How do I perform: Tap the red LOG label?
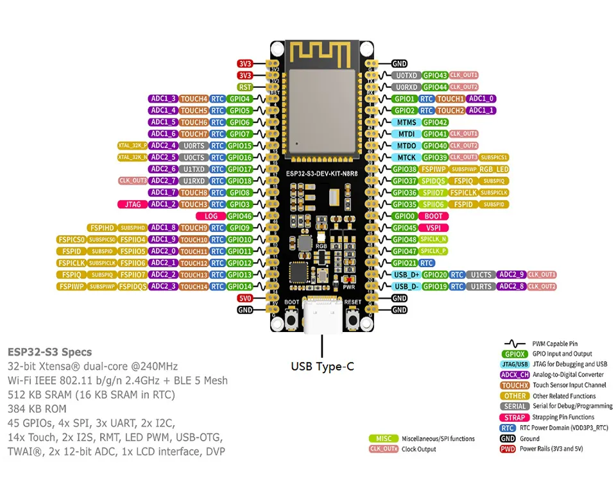[211, 216]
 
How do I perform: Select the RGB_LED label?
[494, 169]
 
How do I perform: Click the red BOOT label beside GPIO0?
[436, 216]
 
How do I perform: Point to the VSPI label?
[433, 228]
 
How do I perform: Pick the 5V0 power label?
[245, 298]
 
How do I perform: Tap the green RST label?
[245, 87]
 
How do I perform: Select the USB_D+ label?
[406, 274]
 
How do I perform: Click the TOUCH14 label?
[193, 287]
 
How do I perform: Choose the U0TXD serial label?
[407, 75]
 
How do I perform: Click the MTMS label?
[407, 122]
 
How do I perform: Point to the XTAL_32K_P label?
[132, 146]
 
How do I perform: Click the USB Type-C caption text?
[321, 367]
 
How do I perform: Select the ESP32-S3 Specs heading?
[49, 352]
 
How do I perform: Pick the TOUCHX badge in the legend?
[515, 385]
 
